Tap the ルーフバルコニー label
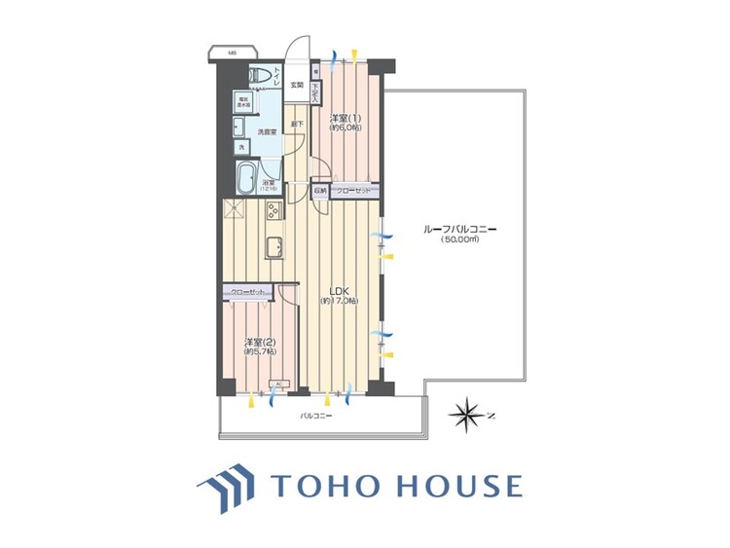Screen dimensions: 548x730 pos(460,229)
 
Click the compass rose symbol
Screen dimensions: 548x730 pos(466,415)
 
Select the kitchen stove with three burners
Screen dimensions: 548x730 pos(274,210)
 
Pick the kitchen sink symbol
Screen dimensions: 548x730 pos(275,247)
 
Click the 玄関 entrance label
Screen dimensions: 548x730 pos(297,85)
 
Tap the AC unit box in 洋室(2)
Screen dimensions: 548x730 pos(276,384)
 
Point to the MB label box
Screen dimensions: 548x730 pos(233,52)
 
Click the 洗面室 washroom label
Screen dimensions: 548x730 pos(267,131)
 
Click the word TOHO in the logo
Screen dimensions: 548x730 pos(326,486)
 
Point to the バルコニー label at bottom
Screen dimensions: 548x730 pos(316,416)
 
